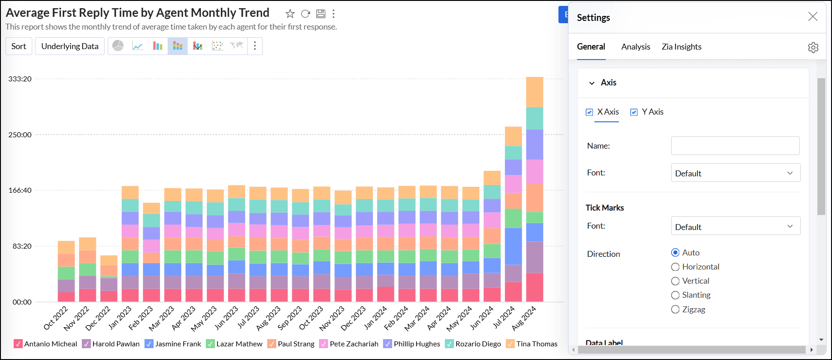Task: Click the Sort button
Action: pos(19,46)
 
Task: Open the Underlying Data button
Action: pos(70,46)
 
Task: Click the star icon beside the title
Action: pos(290,14)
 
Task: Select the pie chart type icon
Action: pos(118,46)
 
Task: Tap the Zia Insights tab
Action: pos(681,47)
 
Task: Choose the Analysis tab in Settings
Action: pos(635,47)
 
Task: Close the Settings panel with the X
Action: pos(812,17)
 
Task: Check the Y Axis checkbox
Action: pos(634,112)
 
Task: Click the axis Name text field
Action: pos(735,146)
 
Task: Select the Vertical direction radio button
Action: pos(676,281)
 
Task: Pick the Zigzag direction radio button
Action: pos(676,310)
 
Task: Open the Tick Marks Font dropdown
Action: pos(735,226)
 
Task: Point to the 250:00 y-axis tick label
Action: pos(20,135)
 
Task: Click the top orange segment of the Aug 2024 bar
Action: pos(534,92)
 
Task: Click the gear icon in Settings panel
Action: pos(813,47)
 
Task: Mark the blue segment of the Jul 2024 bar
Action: pos(513,246)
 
